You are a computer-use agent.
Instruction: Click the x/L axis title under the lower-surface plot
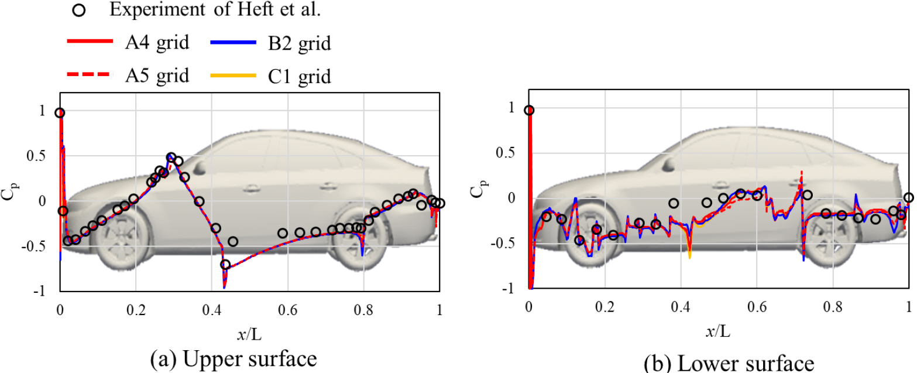point(719,333)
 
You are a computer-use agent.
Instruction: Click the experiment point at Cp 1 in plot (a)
point(60,113)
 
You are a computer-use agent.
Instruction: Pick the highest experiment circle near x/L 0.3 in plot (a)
point(171,158)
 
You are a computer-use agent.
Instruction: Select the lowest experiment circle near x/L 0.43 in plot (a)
point(225,265)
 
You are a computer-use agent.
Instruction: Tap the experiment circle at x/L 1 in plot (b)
point(908,198)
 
